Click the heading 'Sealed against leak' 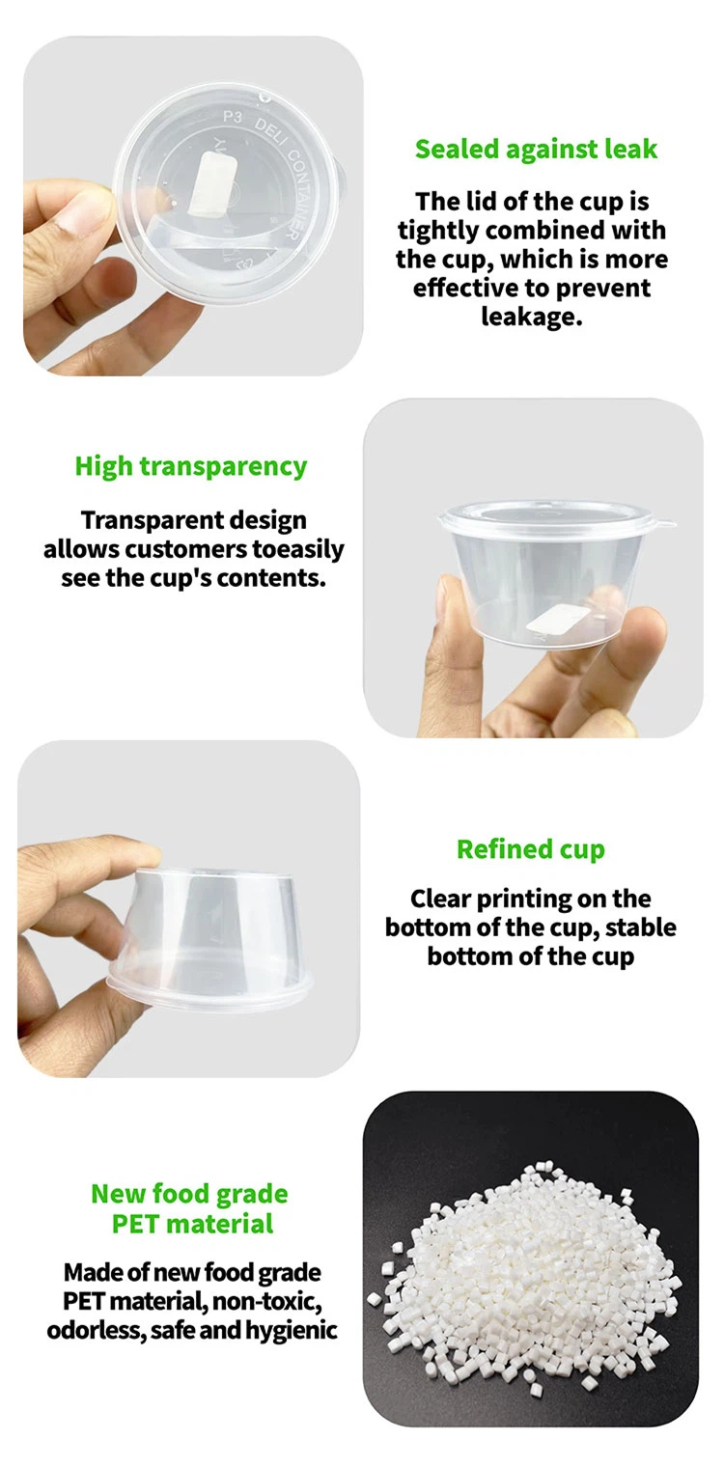click(x=536, y=150)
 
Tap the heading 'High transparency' click(x=191, y=467)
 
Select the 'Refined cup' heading click(x=531, y=849)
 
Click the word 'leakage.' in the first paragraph click(x=531, y=317)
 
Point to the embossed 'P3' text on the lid click(x=233, y=118)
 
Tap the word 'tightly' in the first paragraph click(x=438, y=232)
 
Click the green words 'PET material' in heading click(x=193, y=1224)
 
